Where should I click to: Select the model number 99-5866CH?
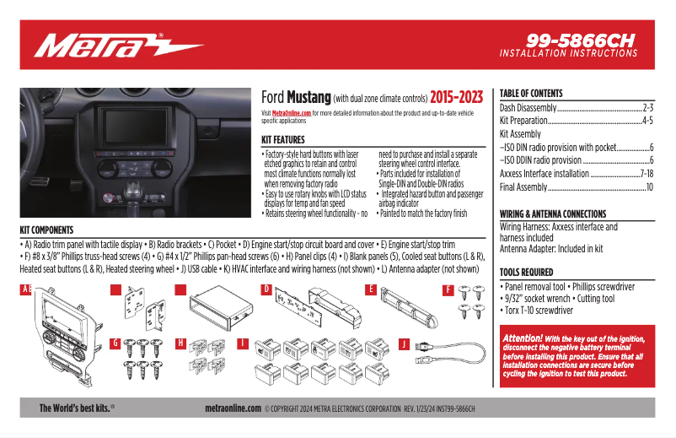pos(581,40)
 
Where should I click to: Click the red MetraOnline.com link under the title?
pos(292,112)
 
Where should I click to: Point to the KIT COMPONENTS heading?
pos(46,230)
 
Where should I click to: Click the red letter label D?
pos(266,289)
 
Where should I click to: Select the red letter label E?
pos(370,289)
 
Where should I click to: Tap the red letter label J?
pos(404,343)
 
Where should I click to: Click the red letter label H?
pos(180,343)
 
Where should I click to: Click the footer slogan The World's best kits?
pos(77,408)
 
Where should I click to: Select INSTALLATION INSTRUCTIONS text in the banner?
pos(568,53)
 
